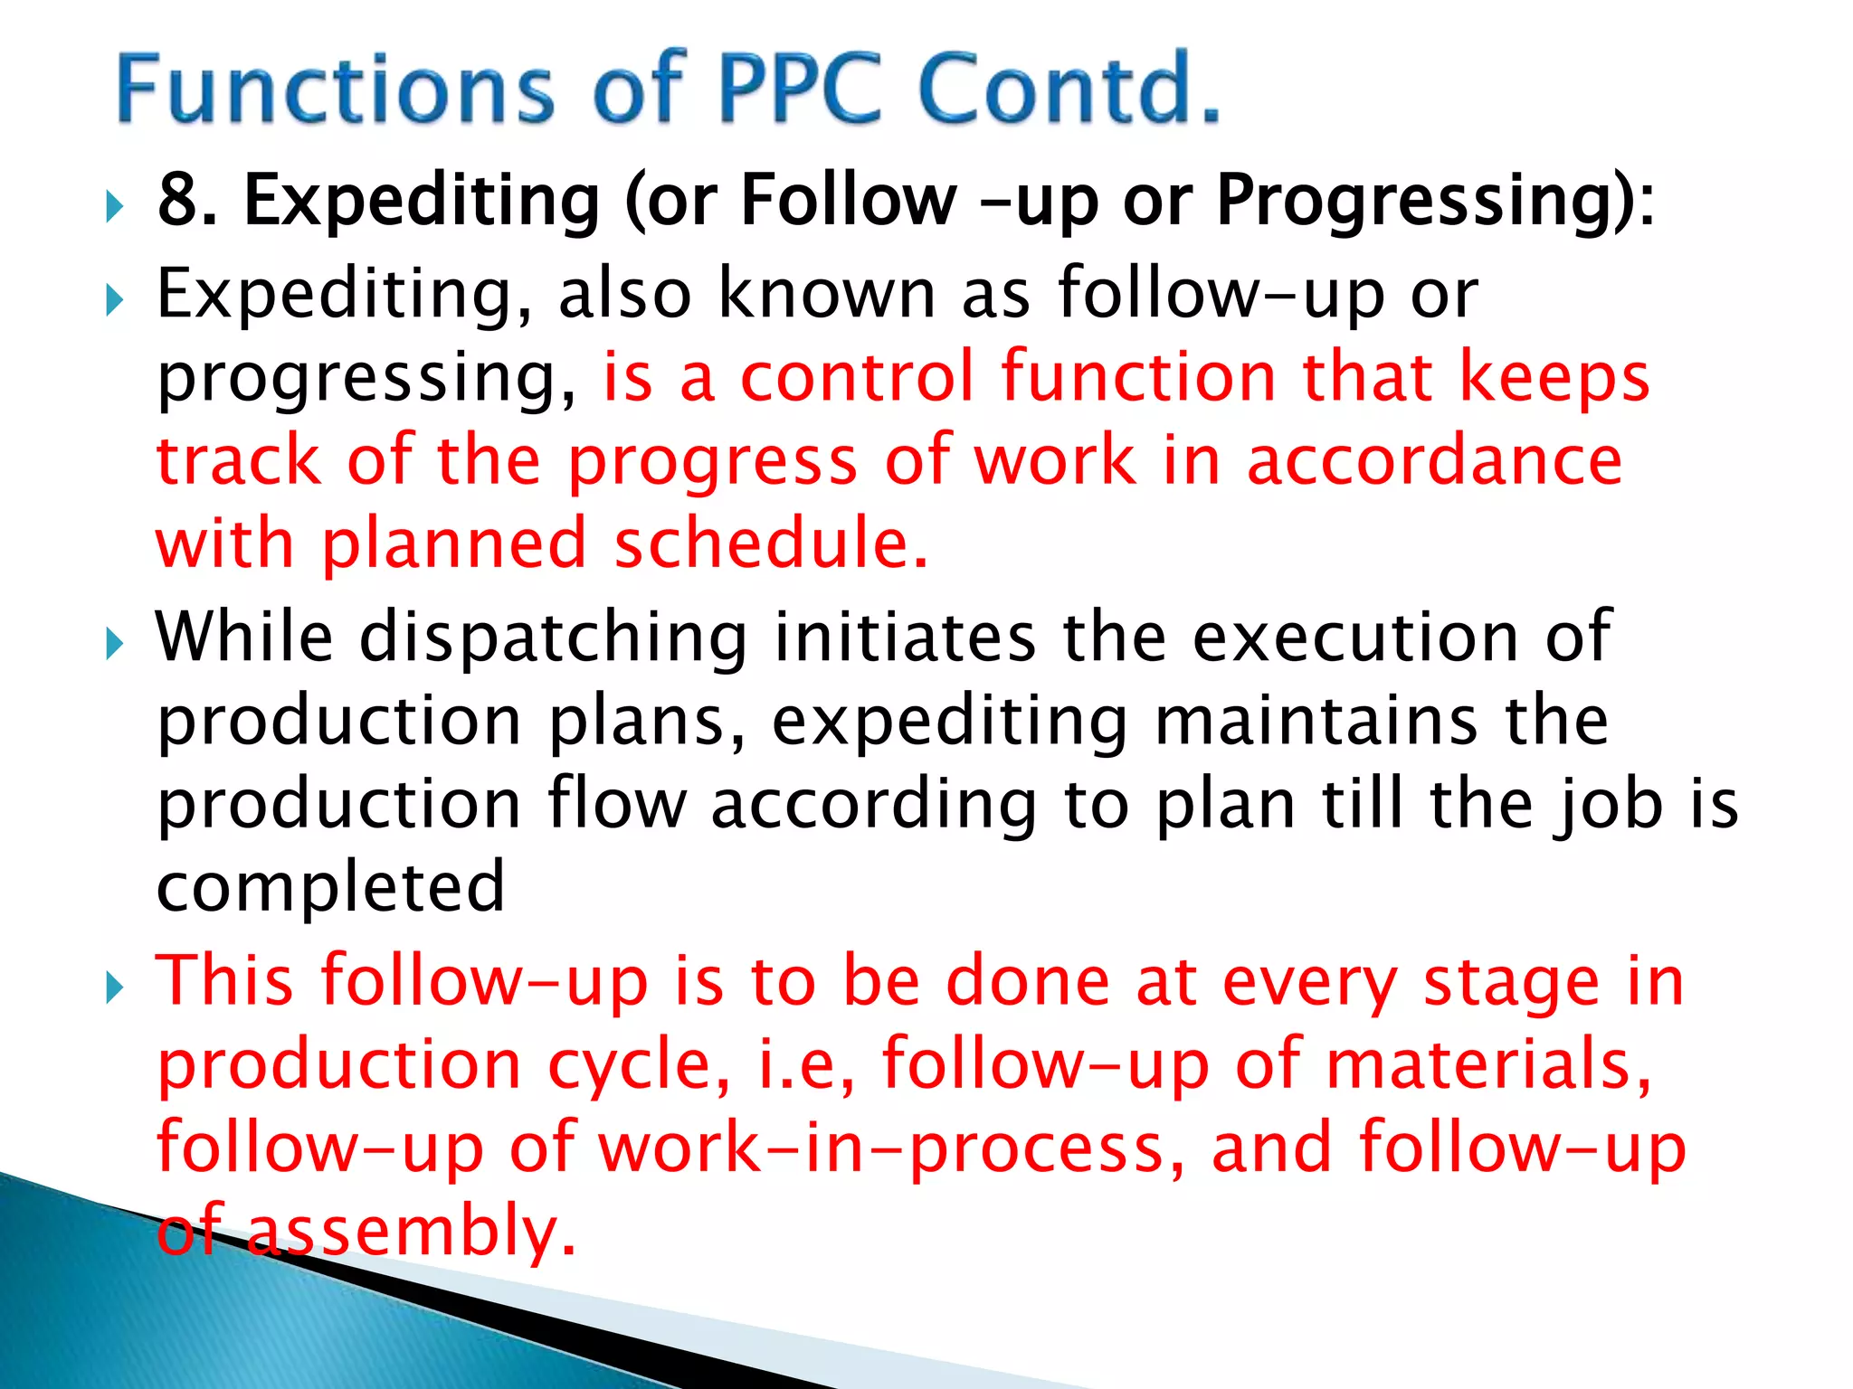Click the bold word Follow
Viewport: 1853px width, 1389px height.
[848, 200]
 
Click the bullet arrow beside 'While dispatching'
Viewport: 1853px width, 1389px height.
[114, 644]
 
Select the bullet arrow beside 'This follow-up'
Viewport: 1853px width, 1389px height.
[114, 987]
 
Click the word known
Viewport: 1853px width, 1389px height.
[826, 294]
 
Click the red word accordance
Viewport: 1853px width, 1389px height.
[1434, 461]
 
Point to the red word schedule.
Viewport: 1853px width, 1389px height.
[771, 544]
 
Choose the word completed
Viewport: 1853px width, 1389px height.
[331, 889]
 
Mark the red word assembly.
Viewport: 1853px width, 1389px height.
[411, 1232]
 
